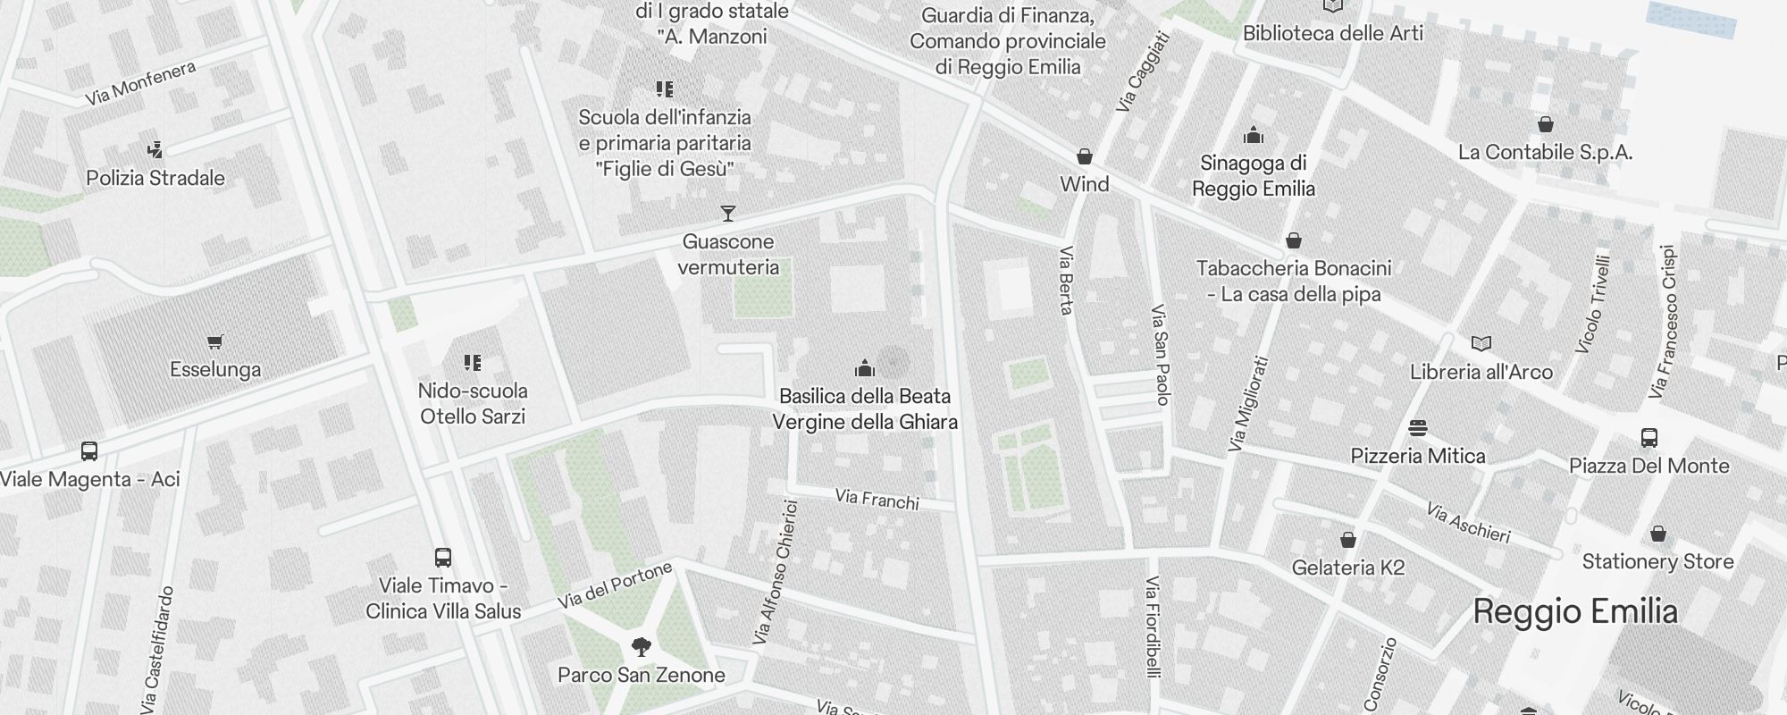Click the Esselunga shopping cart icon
pyautogui.click(x=214, y=341)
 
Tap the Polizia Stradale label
pyautogui.click(x=155, y=178)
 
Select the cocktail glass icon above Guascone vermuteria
pyautogui.click(x=728, y=214)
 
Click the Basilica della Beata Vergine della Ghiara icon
pyautogui.click(x=864, y=368)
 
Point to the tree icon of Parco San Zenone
pyautogui.click(x=641, y=646)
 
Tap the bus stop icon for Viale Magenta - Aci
pyautogui.click(x=89, y=450)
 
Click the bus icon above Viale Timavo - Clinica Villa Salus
pyautogui.click(x=443, y=558)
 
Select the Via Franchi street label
pyautogui.click(x=877, y=499)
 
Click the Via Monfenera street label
pyautogui.click(x=140, y=83)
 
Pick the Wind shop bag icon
pyautogui.click(x=1085, y=156)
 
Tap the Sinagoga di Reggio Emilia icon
pyautogui.click(x=1254, y=136)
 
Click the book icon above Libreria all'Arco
pyautogui.click(x=1481, y=344)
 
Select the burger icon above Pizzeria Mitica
pyautogui.click(x=1418, y=427)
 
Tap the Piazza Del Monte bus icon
pyautogui.click(x=1649, y=438)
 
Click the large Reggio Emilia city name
pyautogui.click(x=1575, y=611)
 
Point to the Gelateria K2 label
pyautogui.click(x=1348, y=568)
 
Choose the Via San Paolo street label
pyautogui.click(x=1160, y=355)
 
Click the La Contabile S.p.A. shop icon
pyautogui.click(x=1546, y=124)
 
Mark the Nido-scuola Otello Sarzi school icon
pyautogui.click(x=473, y=363)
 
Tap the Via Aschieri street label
pyautogui.click(x=1468, y=523)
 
